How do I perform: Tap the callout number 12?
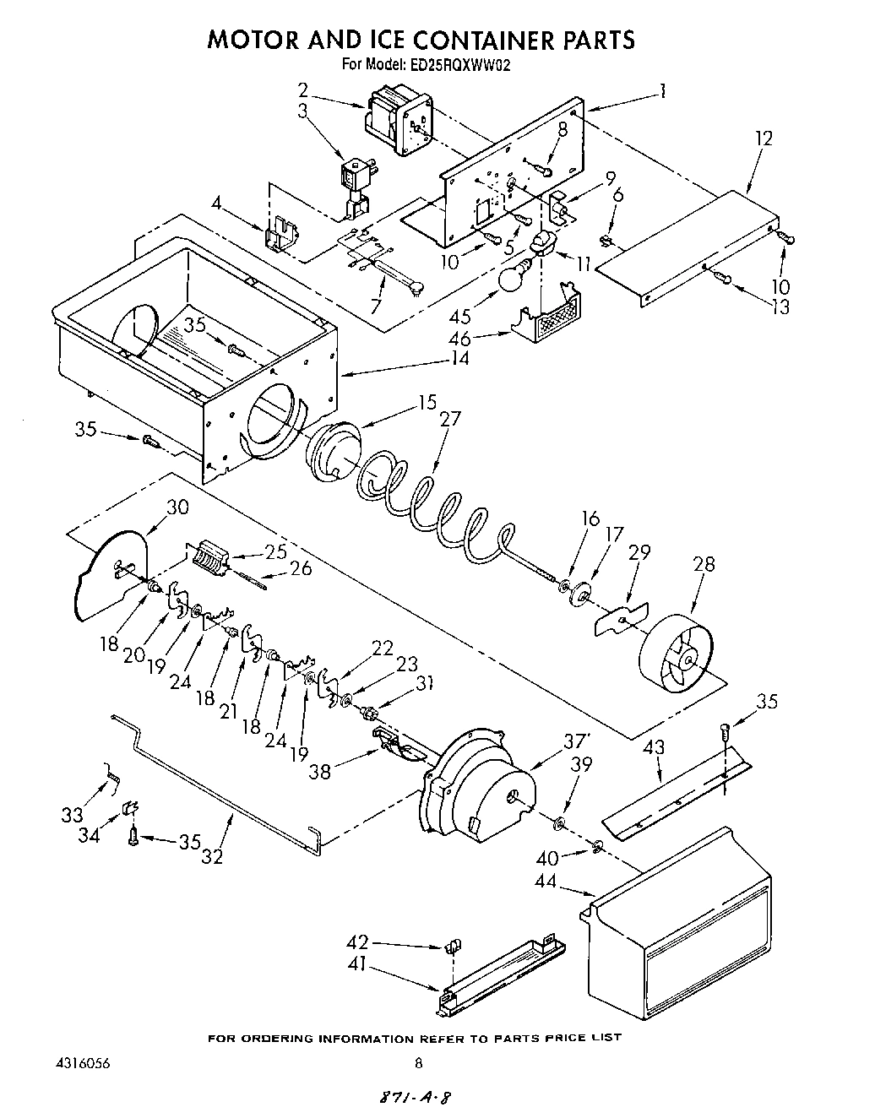tap(763, 138)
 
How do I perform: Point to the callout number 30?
tap(177, 507)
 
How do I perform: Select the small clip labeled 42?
tap(452, 944)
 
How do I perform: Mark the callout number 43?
tap(653, 747)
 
